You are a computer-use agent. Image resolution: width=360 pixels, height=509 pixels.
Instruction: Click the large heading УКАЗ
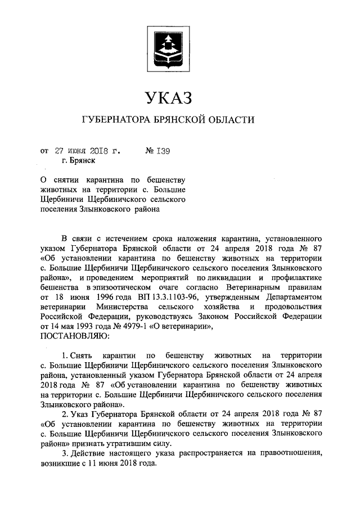coord(168,97)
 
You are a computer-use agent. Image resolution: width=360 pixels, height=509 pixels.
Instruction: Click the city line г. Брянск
coord(78,160)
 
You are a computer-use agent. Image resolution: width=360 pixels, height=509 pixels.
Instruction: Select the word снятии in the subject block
coord(68,180)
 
